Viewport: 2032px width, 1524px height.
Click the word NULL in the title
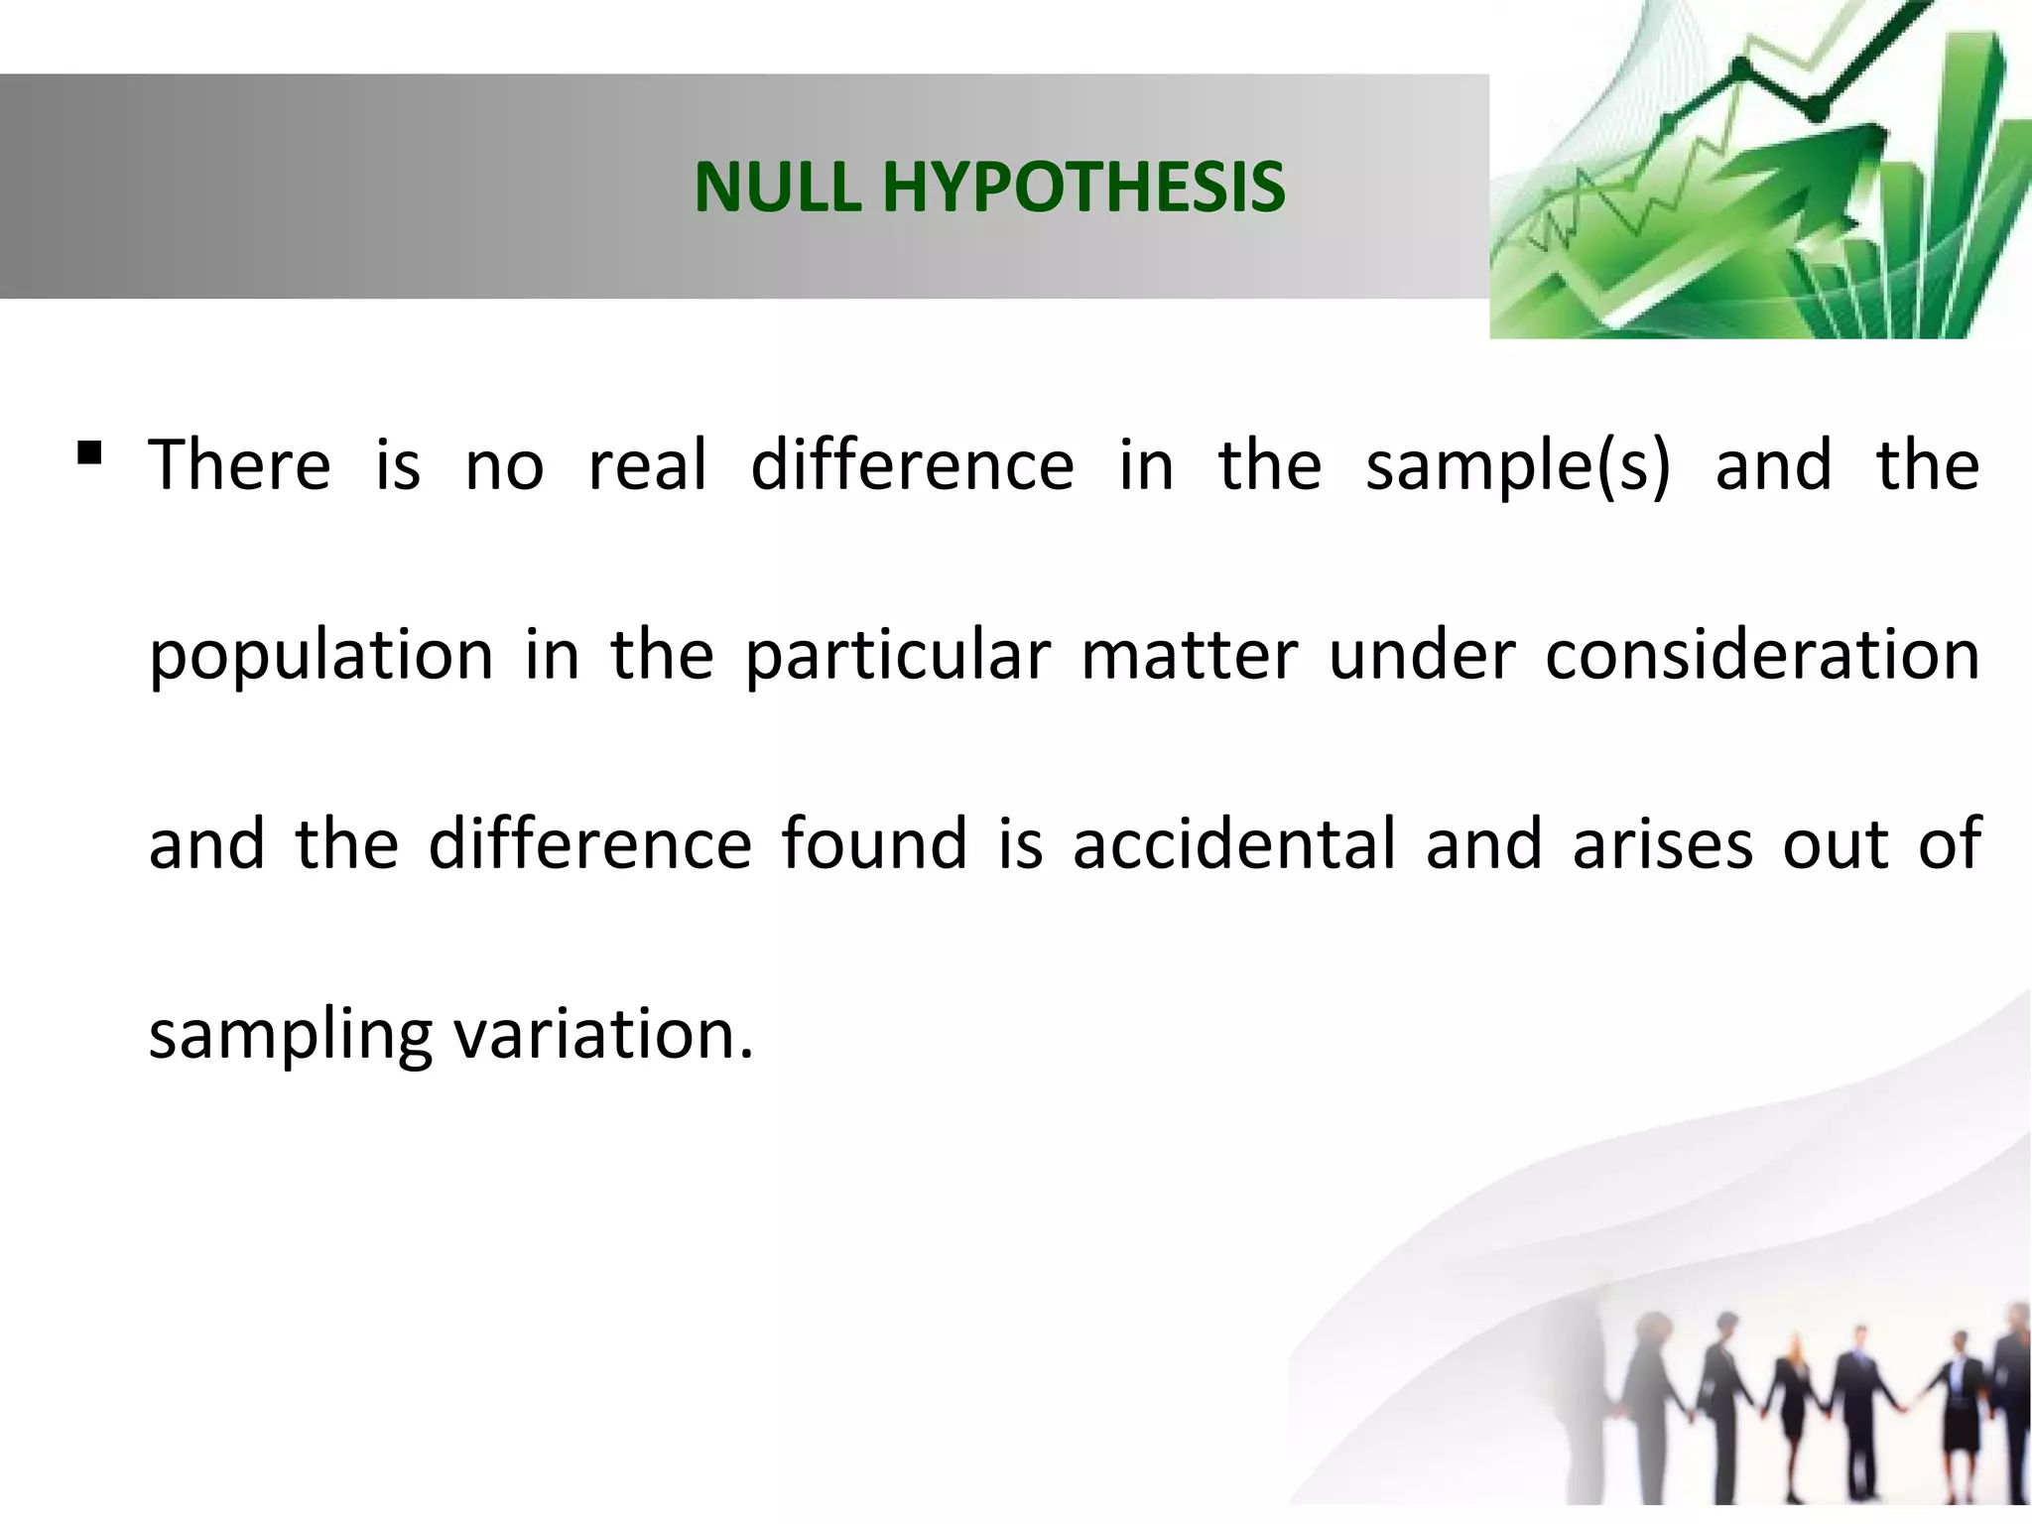778,187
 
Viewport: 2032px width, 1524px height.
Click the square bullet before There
89,454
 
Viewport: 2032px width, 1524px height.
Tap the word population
320,657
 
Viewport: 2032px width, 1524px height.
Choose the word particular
897,655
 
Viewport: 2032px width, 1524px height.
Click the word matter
1189,655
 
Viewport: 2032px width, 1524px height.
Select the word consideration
1762,655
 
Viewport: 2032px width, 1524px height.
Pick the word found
873,843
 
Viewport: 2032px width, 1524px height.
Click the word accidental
1234,843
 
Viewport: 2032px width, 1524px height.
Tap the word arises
1663,843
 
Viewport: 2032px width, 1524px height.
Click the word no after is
504,466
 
